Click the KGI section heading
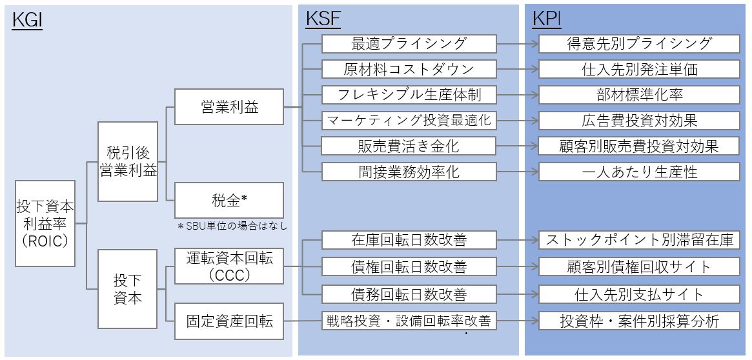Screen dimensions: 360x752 27,21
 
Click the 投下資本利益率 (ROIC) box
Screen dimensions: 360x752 45,223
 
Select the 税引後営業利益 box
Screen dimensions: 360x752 128,162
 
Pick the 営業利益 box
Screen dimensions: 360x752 229,107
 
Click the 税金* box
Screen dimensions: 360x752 229,200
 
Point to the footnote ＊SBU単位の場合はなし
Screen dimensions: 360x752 232,226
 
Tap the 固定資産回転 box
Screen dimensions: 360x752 229,321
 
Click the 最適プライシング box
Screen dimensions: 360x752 409,44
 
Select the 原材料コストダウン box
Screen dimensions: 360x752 409,69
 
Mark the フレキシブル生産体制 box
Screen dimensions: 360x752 409,95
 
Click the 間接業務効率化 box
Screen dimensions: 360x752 409,172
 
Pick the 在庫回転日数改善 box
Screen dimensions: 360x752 409,241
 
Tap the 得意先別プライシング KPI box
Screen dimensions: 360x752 639,44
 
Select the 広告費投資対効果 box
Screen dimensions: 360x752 639,120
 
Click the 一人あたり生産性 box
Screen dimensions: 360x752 639,172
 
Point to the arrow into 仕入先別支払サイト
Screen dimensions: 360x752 518,294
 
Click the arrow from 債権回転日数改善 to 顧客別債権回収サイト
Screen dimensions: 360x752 518,266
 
